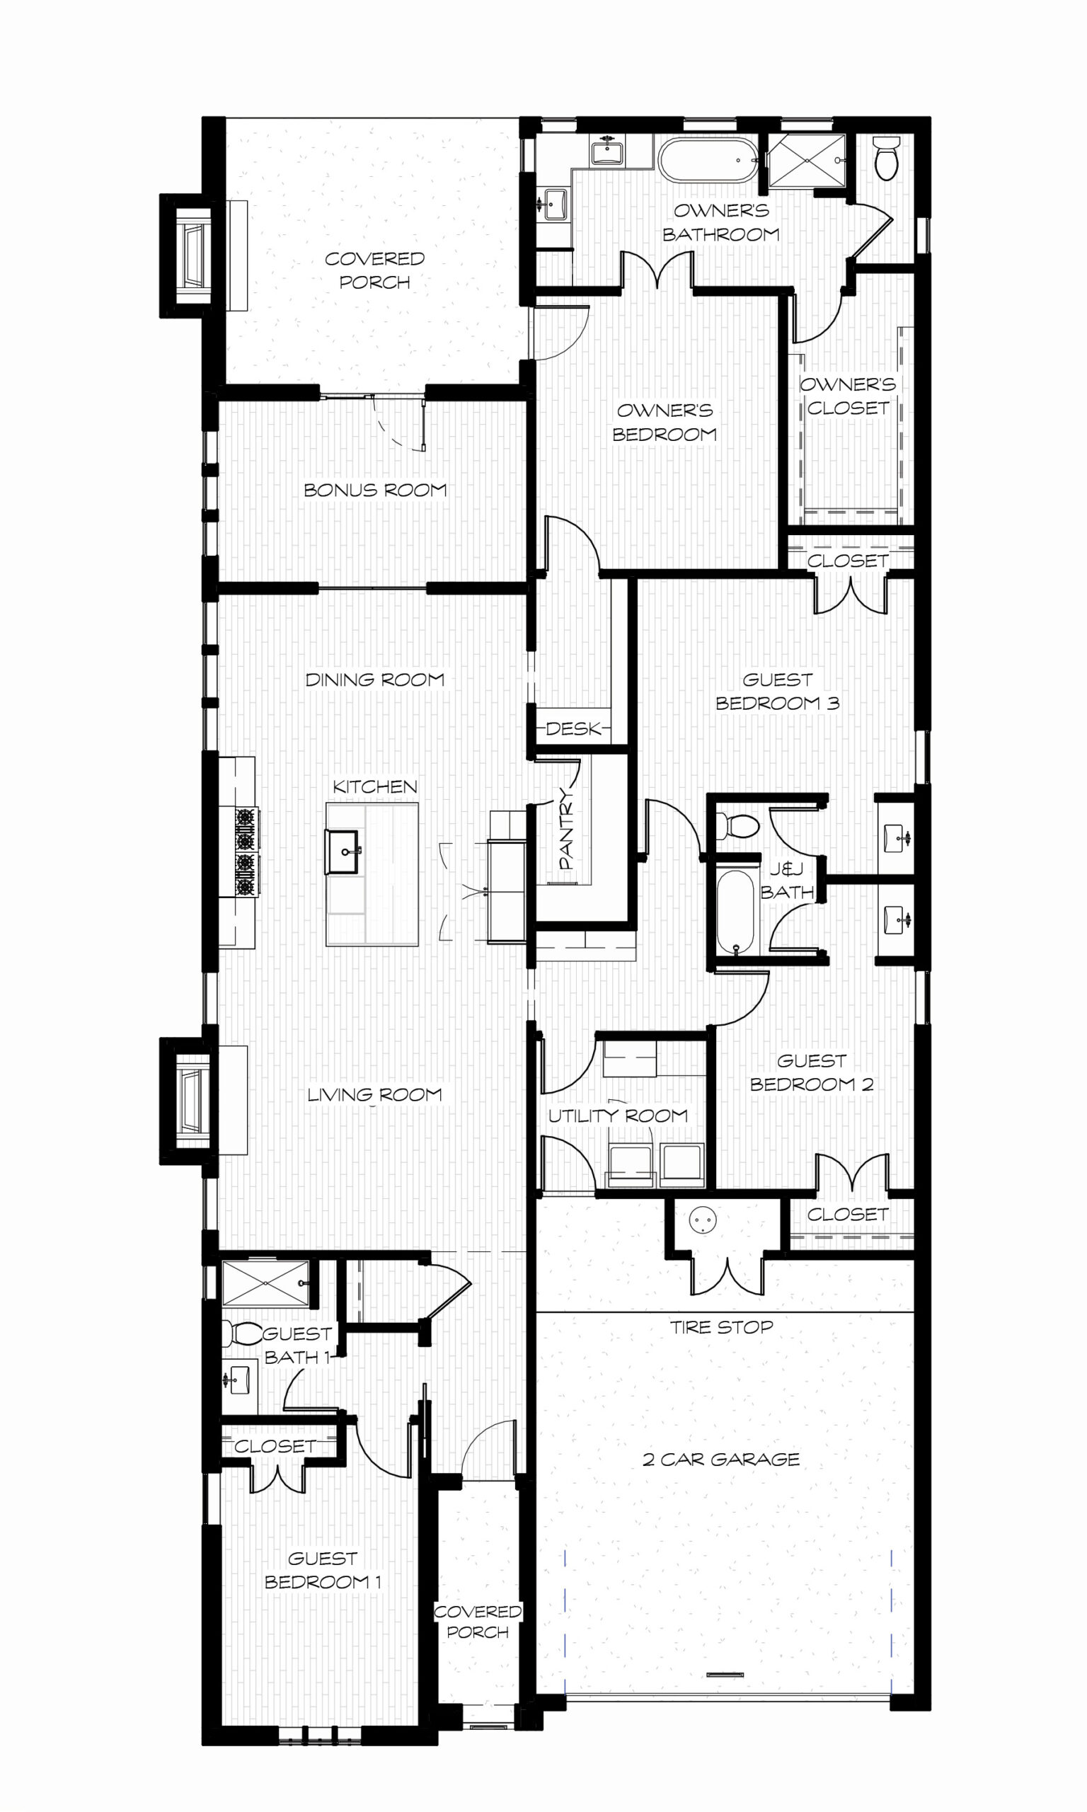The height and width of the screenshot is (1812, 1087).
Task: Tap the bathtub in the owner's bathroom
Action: coord(708,159)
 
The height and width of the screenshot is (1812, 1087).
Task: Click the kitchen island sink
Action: coord(342,851)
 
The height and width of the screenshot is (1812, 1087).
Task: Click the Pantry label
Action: coord(566,828)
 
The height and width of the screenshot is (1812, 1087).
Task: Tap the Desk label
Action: coord(573,728)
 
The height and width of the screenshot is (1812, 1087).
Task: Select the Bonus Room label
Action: coord(375,490)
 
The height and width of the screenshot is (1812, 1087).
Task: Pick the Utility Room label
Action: coord(619,1116)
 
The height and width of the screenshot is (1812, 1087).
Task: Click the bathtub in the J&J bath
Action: coord(735,912)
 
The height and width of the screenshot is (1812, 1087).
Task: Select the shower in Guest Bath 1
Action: coord(266,1283)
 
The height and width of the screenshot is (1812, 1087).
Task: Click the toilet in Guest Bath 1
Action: coord(241,1333)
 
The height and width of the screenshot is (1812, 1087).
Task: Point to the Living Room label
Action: coord(375,1094)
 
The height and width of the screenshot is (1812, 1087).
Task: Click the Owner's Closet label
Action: coord(849,396)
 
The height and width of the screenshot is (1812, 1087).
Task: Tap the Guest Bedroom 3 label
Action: coord(777,692)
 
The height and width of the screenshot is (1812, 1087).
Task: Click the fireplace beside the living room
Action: coord(188,1101)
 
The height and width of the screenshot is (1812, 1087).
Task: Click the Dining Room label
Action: coord(375,679)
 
